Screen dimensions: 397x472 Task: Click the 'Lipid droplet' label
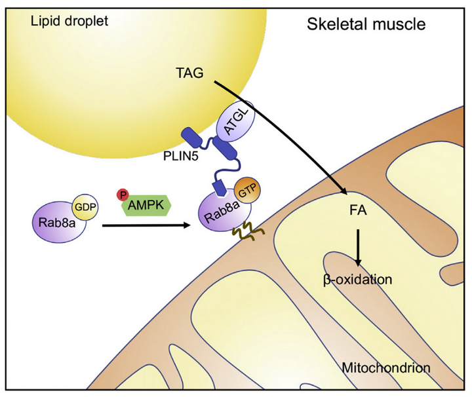[69, 22]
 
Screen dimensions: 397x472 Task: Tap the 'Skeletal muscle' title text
[366, 25]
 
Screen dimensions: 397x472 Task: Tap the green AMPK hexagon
[147, 204]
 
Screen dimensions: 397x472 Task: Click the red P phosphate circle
[121, 194]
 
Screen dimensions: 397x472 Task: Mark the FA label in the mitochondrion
[357, 212]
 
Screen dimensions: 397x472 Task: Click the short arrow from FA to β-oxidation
[357, 245]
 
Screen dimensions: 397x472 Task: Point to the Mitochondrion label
[386, 368]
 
